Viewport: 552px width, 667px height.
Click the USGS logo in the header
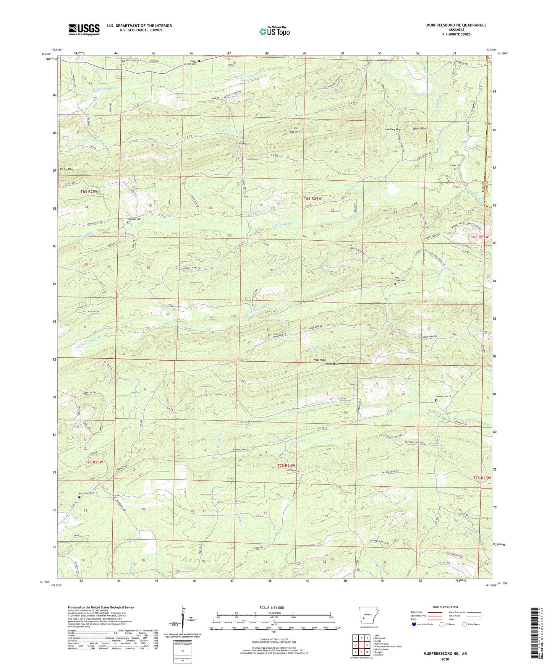pos(84,29)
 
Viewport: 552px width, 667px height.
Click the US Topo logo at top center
pos(274,31)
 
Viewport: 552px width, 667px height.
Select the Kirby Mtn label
pos(66,169)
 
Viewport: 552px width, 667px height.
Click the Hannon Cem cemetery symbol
pos(123,61)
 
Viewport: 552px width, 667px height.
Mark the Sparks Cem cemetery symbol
pos(455,169)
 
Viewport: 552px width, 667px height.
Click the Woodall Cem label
pos(134,219)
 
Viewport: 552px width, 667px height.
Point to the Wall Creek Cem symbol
pos(395,284)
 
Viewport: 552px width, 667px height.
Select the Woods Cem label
pos(442,397)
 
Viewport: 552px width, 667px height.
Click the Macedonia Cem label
pos(86,493)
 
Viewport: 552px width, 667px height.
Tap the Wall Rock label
pos(319,360)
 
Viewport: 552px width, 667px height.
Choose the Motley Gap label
pos(393,130)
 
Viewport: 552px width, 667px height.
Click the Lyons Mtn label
pos(419,128)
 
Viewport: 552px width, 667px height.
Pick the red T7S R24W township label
pos(286,465)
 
